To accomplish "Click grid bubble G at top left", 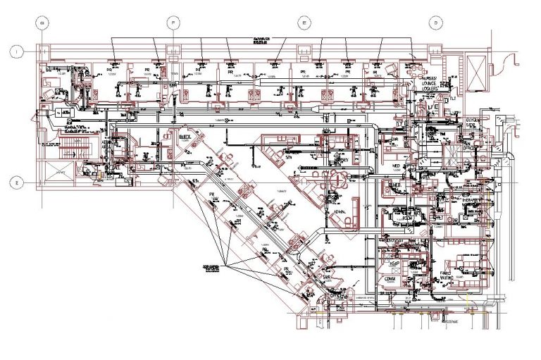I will click(42, 23).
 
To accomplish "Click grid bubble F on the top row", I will click(172, 23).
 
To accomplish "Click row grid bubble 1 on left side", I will click(16, 51).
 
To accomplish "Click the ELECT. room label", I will click(187, 135).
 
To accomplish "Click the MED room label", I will click(395, 167).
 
